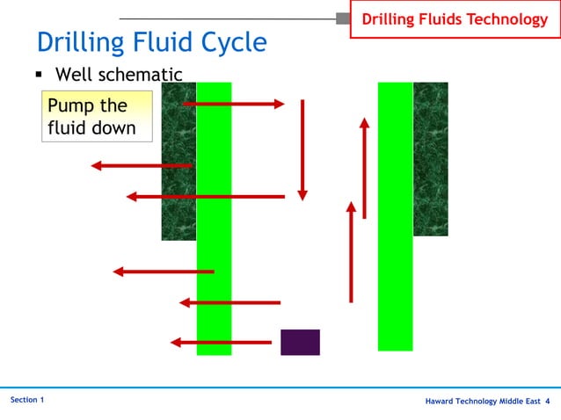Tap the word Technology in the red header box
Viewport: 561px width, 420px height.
(505, 18)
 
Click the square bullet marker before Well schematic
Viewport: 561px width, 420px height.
(40, 76)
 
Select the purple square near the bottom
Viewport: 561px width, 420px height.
(300, 342)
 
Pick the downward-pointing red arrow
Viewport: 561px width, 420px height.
(302, 149)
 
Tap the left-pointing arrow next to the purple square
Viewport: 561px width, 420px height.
(220, 342)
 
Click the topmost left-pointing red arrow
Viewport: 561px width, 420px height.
(141, 165)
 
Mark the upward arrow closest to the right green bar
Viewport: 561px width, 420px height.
(364, 167)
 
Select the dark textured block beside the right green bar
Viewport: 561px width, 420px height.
(431, 158)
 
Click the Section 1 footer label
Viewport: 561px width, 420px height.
(27, 401)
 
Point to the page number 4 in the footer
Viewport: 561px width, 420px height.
(548, 402)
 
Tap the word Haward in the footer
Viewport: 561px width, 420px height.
(441, 402)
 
